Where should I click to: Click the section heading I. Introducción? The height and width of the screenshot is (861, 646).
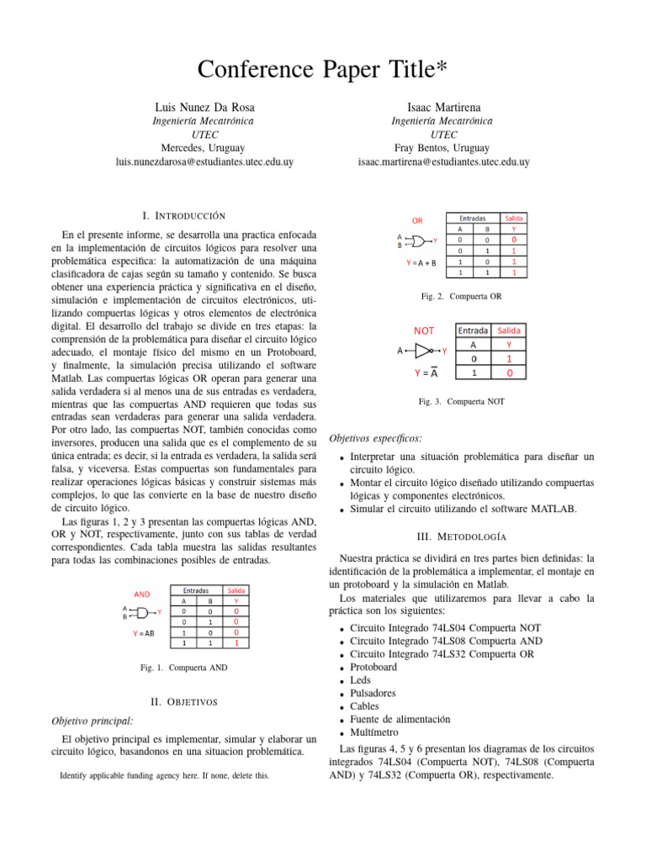(183, 217)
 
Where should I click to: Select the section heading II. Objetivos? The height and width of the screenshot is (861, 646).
(183, 701)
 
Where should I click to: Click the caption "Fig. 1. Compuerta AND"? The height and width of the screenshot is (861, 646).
(183, 668)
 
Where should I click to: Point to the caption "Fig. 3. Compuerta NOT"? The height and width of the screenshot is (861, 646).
(462, 402)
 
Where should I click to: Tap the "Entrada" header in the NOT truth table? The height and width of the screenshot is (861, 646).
(474, 330)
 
